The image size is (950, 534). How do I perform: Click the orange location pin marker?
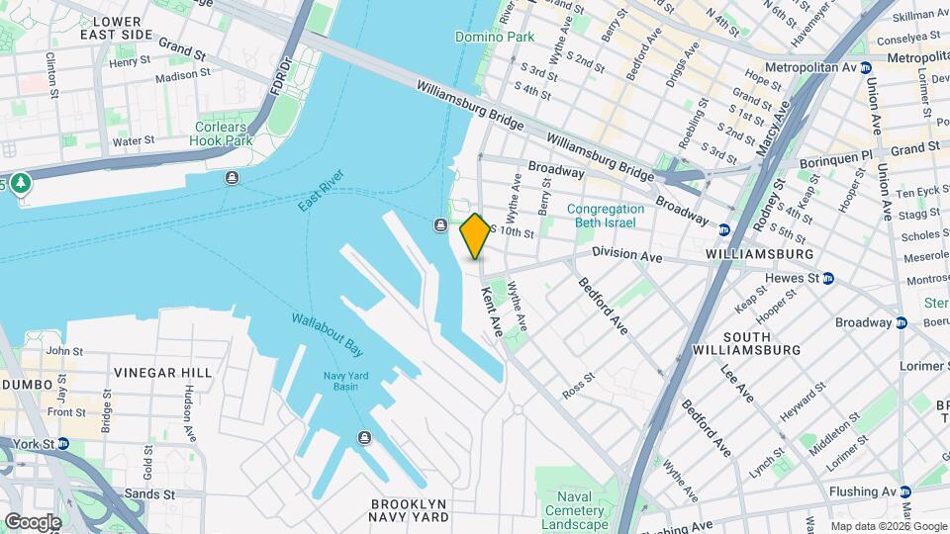pos(475,235)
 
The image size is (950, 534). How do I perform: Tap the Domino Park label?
pos(495,38)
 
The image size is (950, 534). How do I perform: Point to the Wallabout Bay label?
pos(328,334)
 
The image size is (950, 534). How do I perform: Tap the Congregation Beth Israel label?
pos(606,216)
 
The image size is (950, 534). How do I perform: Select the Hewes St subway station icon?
pos(828,279)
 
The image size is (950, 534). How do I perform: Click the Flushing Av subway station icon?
pos(904,491)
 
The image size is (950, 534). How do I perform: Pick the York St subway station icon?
pos(62,444)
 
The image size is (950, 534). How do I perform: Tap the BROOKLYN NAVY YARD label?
pos(409,510)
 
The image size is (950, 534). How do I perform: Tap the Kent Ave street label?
pos(492,311)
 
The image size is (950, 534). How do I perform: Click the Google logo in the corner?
pos(33,521)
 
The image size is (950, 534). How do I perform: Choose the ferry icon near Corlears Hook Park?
pos(232,178)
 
